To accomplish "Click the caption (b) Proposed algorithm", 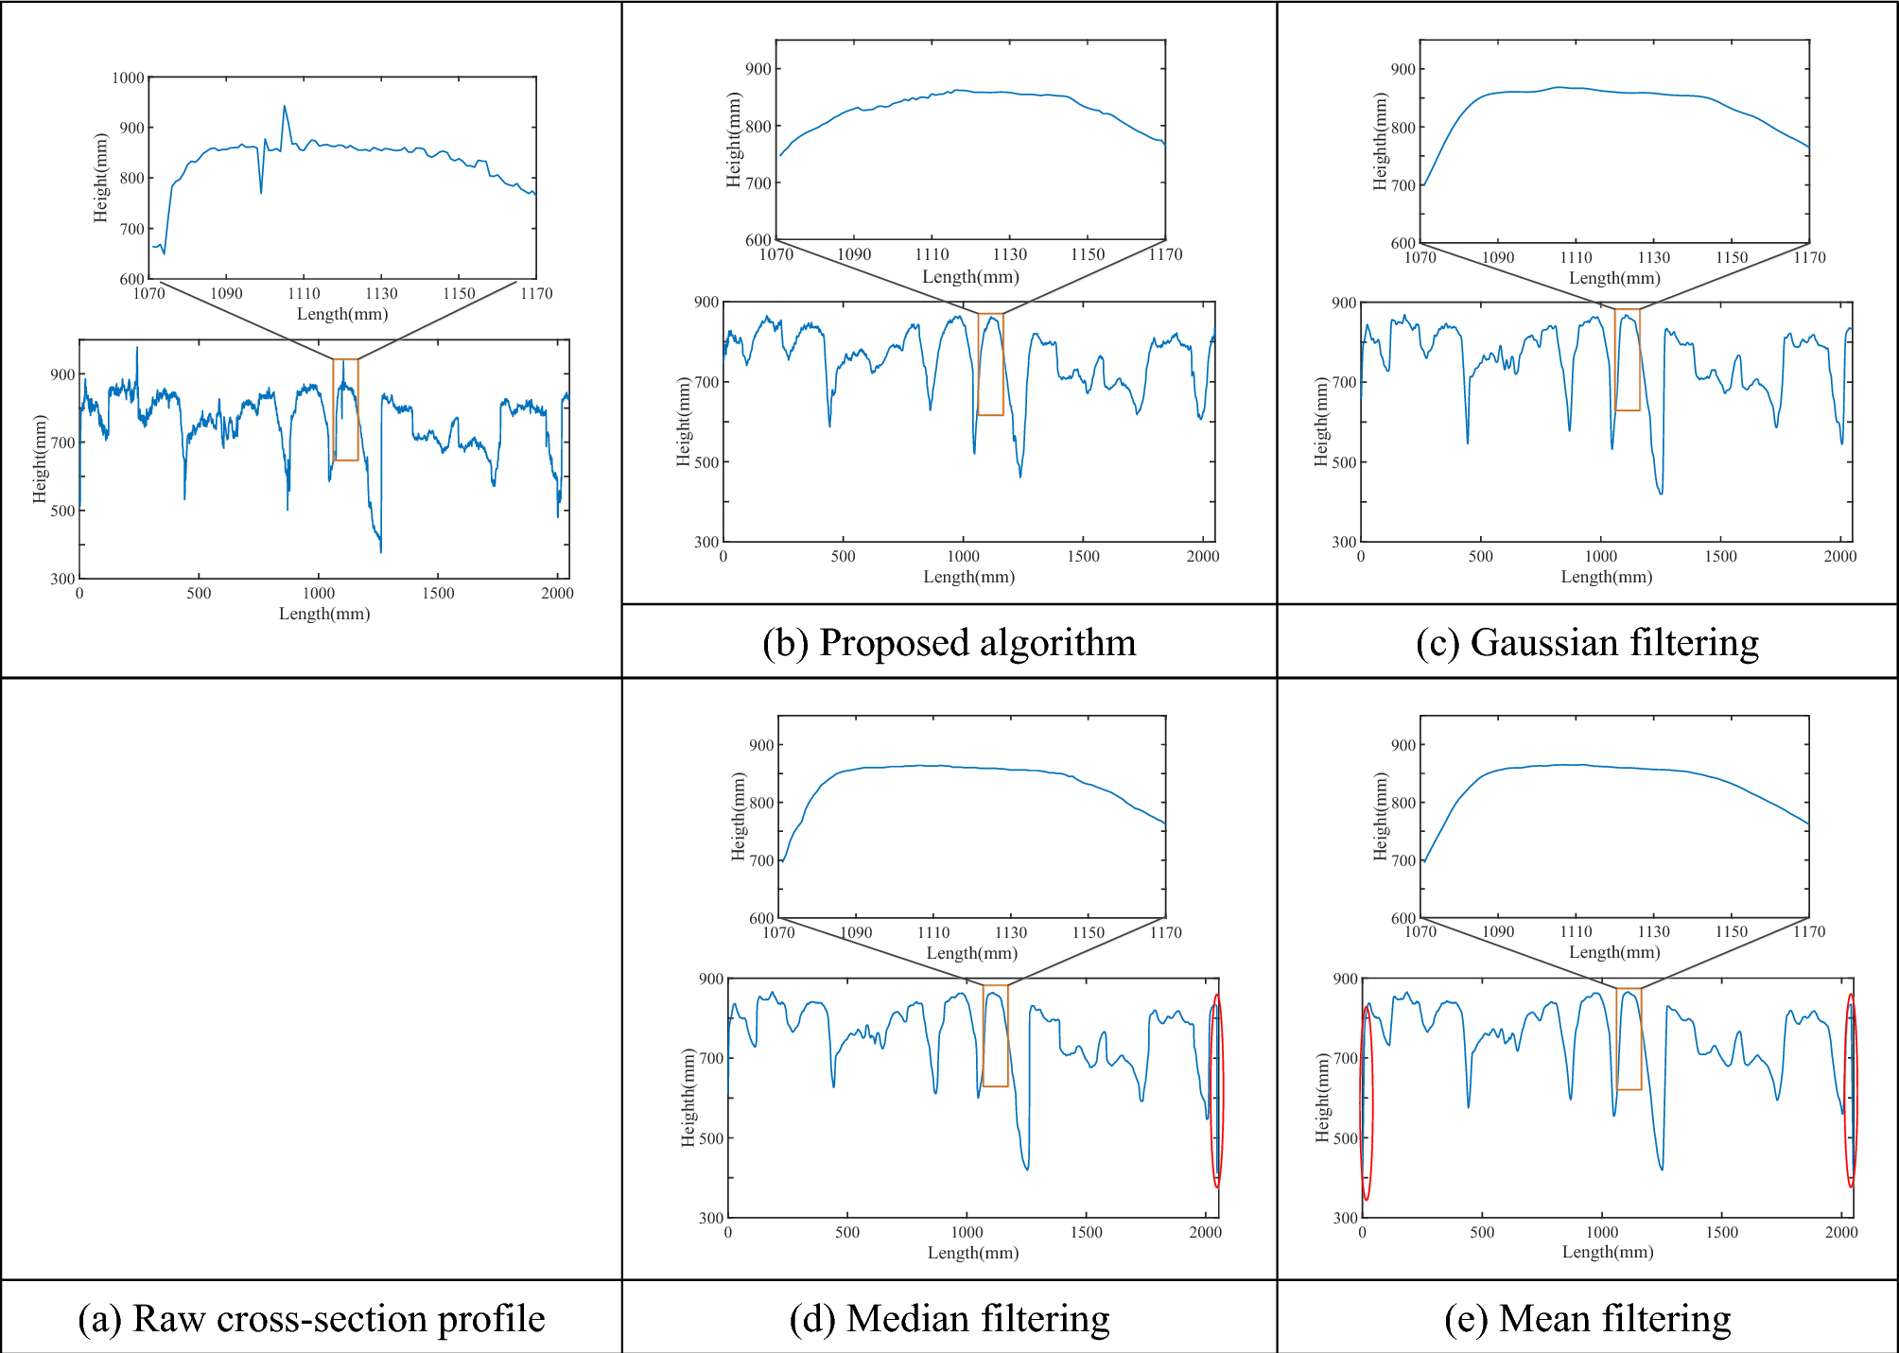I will [949, 643].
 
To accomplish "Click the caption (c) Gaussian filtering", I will [1587, 643].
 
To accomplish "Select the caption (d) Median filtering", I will [949, 1318].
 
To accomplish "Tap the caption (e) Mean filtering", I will [1587, 1318].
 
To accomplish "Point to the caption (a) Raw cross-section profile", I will [311, 1318].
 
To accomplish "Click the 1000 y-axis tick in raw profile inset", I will [129, 78].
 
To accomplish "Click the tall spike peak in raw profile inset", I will [285, 107].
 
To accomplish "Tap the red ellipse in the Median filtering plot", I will [1217, 1090].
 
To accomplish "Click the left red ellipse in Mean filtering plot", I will [1367, 1102].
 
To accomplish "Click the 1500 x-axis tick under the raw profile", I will [438, 593].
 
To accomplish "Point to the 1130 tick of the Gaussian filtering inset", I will [1653, 257].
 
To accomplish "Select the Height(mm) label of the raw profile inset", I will [101, 178].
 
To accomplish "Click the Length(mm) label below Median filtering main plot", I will [973, 1252].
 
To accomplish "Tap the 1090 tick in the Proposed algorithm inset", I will [854, 254].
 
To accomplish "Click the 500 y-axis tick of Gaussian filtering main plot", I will [1344, 462].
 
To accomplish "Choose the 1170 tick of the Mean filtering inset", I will [1808, 931].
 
